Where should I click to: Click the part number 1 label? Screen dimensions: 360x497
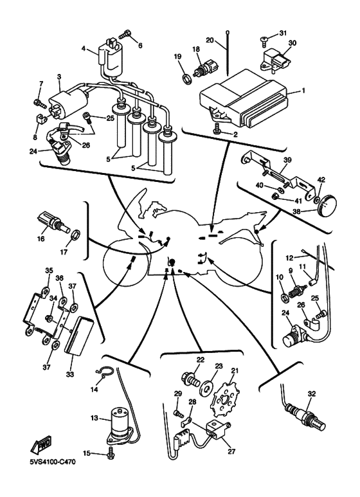(303, 91)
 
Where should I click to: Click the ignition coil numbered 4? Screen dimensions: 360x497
(110, 58)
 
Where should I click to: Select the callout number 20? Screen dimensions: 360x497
(210, 41)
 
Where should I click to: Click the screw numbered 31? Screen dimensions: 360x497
(265, 39)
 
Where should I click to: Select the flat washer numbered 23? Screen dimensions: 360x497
(206, 387)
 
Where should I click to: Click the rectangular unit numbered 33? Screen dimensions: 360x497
(79, 335)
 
